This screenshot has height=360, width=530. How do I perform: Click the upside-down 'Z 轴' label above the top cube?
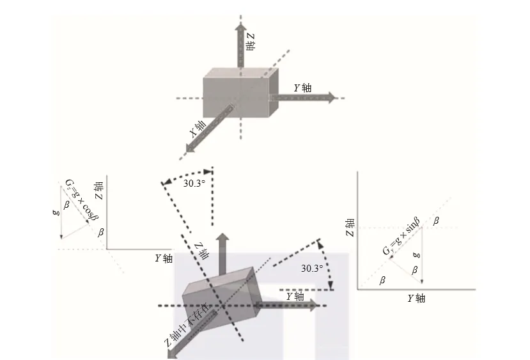click(251, 42)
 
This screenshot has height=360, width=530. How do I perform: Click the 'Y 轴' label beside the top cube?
click(302, 88)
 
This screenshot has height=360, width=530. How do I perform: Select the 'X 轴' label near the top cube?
click(198, 129)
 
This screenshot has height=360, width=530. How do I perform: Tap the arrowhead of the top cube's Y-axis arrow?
click(332, 98)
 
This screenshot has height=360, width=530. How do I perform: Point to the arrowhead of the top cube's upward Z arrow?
click(240, 27)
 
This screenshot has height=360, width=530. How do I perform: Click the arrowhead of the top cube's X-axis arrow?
click(190, 148)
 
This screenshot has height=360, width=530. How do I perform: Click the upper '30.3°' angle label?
click(194, 184)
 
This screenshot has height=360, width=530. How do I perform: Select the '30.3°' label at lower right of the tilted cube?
click(312, 269)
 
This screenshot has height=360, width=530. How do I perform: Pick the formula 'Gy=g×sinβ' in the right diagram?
click(401, 237)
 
